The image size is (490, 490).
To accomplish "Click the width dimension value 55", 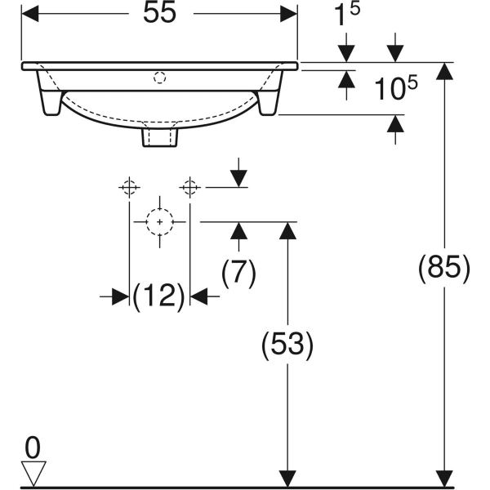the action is (x=160, y=13).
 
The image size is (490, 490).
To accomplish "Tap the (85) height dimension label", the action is (x=444, y=269).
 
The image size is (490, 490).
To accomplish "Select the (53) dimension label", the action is (x=287, y=345).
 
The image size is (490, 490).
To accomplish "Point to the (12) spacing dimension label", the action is (x=159, y=296).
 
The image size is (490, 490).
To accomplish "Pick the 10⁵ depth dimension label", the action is (x=395, y=88).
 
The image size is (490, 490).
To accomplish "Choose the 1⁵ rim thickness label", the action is (x=347, y=14).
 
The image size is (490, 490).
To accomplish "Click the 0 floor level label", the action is (x=33, y=448).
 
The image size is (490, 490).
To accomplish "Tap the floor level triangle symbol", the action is (x=33, y=473).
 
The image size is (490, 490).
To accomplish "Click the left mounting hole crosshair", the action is (x=129, y=188).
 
